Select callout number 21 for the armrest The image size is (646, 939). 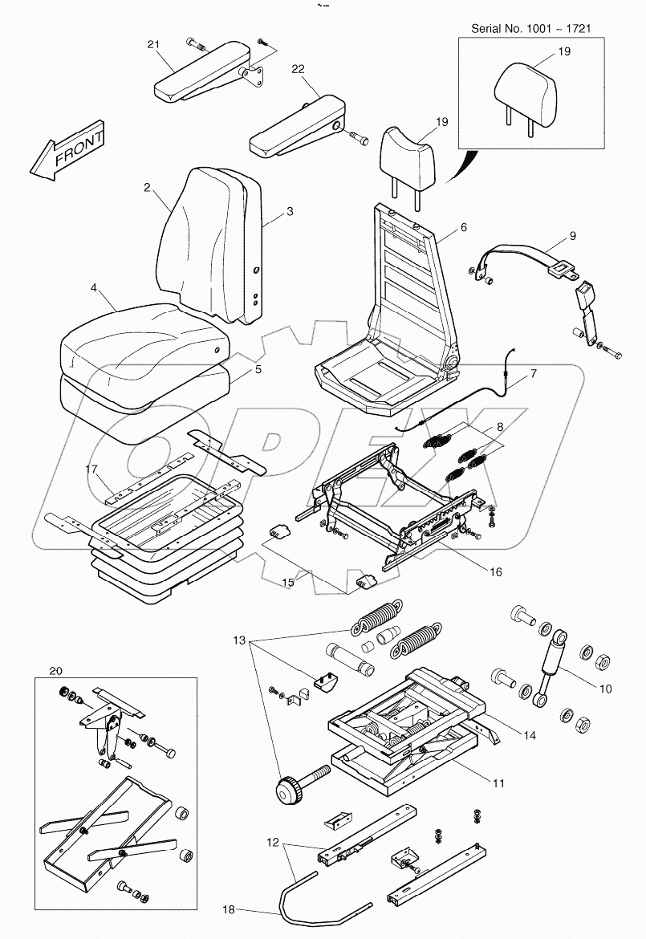click(154, 45)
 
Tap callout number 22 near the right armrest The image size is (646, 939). click(298, 71)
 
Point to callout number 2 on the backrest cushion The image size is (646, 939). click(147, 187)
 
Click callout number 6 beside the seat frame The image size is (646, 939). click(463, 227)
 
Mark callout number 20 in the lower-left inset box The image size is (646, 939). click(55, 670)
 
